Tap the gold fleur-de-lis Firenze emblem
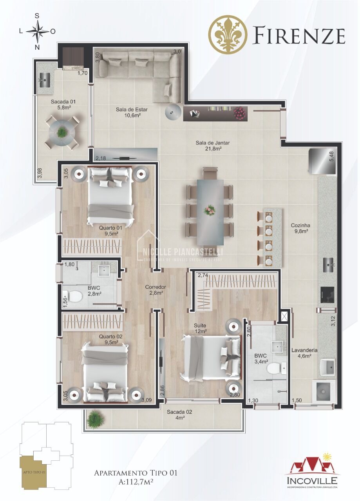[x=228, y=34]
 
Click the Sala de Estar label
[x=128, y=112]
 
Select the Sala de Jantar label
[x=212, y=146]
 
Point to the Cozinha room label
[x=300, y=228]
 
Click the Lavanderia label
[x=304, y=353]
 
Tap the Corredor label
[x=155, y=290]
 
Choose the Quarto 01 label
[x=111, y=231]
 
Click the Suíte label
[x=200, y=328]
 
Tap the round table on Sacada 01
[x=62, y=131]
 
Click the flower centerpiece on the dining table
[x=210, y=211]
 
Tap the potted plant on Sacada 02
[x=94, y=419]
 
